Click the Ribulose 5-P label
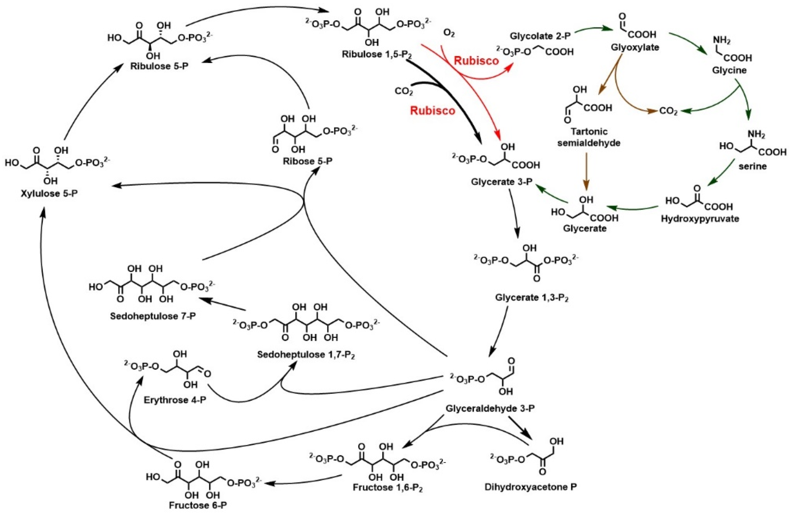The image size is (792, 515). (x=159, y=66)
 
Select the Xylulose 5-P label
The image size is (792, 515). (x=49, y=193)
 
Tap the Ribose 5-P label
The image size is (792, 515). (x=307, y=161)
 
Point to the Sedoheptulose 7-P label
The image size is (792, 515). (x=153, y=316)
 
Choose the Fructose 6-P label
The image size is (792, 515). (x=198, y=505)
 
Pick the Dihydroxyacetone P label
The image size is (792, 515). (x=531, y=487)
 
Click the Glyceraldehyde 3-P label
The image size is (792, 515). (x=490, y=408)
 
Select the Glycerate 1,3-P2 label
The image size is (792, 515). (x=531, y=297)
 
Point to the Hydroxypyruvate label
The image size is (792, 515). (x=700, y=219)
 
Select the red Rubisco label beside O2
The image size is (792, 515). (x=476, y=61)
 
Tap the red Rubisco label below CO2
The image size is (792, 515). (x=432, y=111)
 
